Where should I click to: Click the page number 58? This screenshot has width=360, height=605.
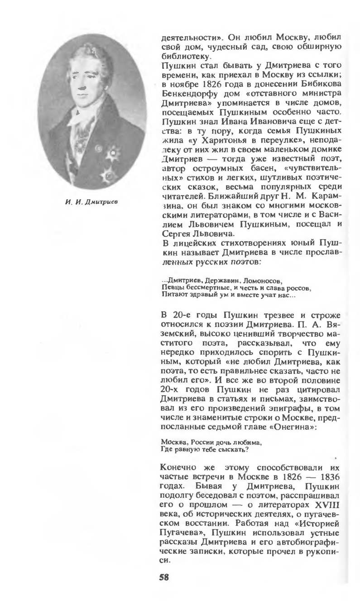click(164, 577)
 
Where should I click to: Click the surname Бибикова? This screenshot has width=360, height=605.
click(317, 85)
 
